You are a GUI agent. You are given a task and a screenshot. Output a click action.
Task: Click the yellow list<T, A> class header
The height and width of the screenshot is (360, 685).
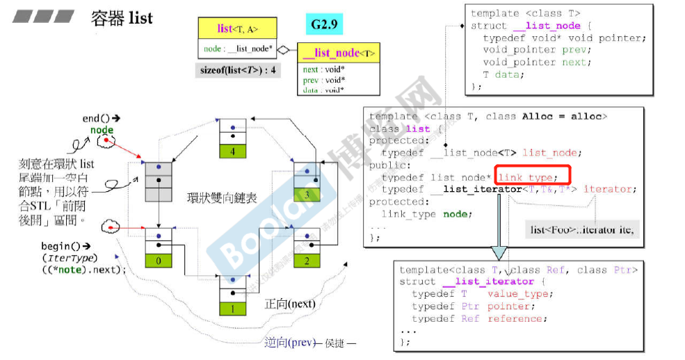point(237,28)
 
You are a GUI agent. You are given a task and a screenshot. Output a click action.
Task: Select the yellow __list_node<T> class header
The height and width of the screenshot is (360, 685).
point(339,53)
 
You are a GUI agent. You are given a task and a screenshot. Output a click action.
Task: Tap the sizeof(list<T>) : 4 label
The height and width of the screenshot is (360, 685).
point(237,69)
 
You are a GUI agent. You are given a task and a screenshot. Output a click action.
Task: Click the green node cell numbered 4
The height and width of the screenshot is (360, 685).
point(233,151)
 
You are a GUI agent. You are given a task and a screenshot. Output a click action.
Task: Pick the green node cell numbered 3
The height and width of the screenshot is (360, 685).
point(308,195)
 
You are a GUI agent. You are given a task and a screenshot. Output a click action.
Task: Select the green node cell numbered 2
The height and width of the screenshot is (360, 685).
point(308,261)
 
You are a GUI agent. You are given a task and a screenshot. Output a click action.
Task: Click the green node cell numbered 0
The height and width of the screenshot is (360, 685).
point(159,261)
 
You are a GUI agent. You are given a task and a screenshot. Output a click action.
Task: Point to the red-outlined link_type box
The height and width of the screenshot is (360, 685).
point(532,177)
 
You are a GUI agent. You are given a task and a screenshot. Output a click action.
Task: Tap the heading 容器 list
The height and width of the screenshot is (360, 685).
point(122,18)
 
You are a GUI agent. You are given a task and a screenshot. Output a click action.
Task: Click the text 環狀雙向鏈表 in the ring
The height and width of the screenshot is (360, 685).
point(222,198)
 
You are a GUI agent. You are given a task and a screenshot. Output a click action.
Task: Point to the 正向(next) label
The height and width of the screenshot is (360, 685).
point(290,304)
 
